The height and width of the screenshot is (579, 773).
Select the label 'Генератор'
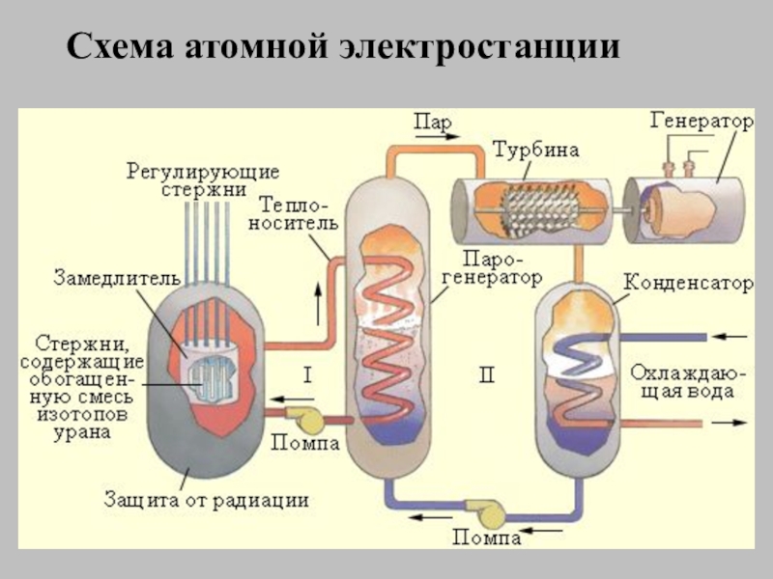click(701, 123)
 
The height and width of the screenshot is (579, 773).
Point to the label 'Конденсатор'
click(687, 285)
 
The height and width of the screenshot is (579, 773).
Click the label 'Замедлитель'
click(116, 278)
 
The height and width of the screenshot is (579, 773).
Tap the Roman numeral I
click(306, 373)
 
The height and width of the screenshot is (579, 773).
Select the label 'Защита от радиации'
click(207, 500)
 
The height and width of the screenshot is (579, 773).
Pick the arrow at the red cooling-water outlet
click(730, 424)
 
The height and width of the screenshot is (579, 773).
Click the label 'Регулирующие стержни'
click(204, 180)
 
